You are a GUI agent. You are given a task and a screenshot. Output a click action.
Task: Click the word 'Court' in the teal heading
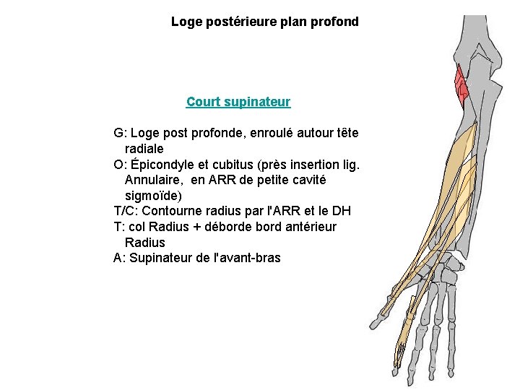[x=202, y=102]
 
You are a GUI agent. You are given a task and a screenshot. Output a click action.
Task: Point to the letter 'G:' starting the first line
[x=121, y=133]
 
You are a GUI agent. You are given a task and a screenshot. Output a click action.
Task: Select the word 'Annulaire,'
[x=155, y=180]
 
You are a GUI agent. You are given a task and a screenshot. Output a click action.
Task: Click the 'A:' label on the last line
[x=120, y=259]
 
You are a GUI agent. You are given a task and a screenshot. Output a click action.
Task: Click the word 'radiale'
[x=144, y=149]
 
